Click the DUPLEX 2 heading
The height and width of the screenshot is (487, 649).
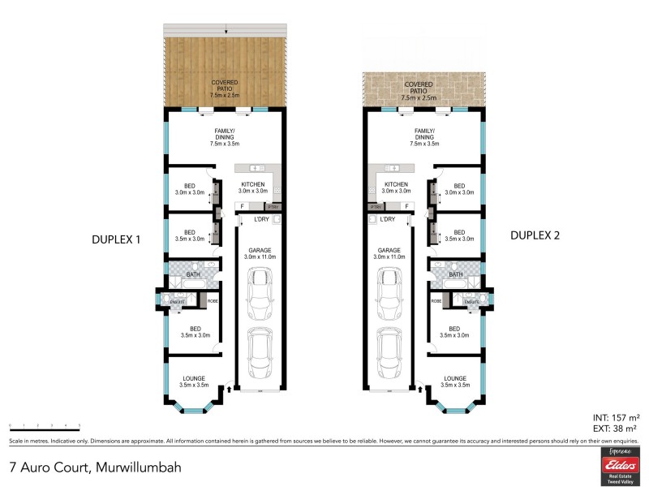click(535, 236)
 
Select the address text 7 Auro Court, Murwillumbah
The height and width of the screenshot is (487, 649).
click(94, 468)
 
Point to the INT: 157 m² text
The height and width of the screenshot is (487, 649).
click(614, 417)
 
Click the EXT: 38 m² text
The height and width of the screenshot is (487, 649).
click(614, 428)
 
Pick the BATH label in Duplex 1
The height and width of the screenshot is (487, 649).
click(193, 274)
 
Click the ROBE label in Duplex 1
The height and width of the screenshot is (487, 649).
click(213, 301)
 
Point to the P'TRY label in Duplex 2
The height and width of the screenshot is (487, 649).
click(375, 207)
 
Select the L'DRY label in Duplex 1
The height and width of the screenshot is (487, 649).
click(261, 219)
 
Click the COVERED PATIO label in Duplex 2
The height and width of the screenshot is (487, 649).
click(419, 86)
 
